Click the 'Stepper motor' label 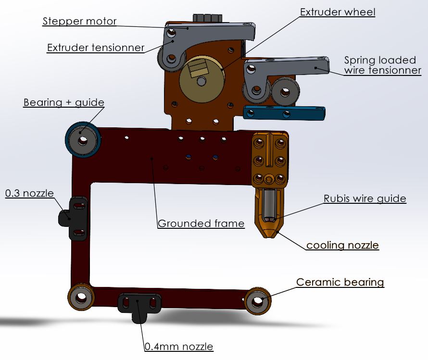pos(79,22)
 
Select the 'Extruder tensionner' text pos(96,48)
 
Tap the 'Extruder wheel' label pos(338,12)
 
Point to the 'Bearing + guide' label pos(63,102)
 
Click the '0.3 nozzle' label pos(29,193)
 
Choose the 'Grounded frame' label pos(201,223)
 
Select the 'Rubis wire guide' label pos(365,199)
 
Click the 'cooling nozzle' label pos(342,246)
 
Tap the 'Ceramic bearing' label pos(340,282)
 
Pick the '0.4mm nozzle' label pos(179,347)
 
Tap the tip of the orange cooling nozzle pos(270,234)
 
